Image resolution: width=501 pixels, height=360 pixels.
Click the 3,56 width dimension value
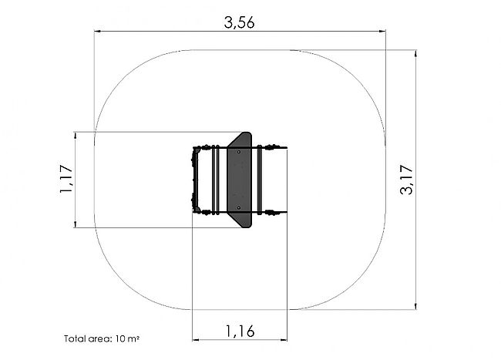pyautogui.click(x=239, y=22)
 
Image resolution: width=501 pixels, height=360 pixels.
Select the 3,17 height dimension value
pyautogui.click(x=406, y=180)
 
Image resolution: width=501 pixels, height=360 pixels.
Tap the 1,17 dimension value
pyautogui.click(x=66, y=179)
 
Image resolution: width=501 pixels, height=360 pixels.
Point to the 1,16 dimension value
pyautogui.click(x=240, y=331)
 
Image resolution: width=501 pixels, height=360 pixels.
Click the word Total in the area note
pyautogui.click(x=76, y=338)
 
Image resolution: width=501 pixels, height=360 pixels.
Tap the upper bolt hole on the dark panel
pyautogui.click(x=239, y=152)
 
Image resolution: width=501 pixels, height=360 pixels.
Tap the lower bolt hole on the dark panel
pyautogui.click(x=239, y=208)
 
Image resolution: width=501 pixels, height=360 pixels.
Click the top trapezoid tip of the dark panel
pyautogui.click(x=247, y=133)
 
